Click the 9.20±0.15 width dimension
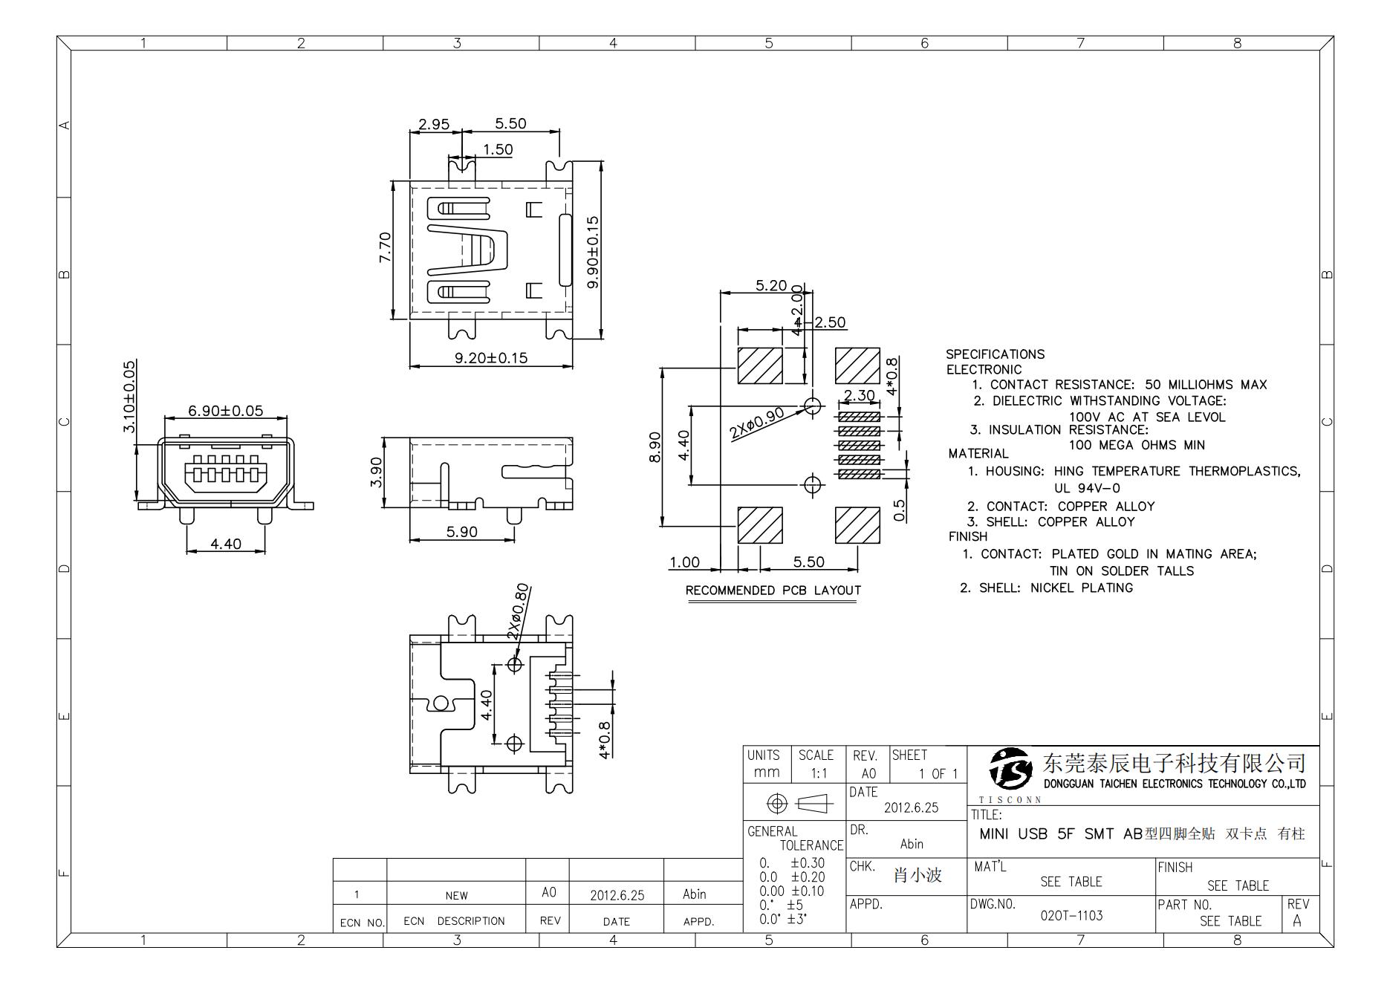pos(490,358)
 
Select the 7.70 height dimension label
pos(385,247)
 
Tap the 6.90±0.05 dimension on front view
pos(225,411)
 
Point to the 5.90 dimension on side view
pos(461,532)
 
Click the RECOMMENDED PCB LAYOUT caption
pos(773,591)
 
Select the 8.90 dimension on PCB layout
pos(655,447)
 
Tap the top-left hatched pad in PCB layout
pos(759,365)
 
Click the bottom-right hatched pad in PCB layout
pos(857,525)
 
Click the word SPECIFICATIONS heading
pos(995,354)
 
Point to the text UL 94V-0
pos(1087,489)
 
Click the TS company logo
pos(1010,769)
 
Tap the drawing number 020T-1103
pos(1071,916)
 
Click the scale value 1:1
pos(818,774)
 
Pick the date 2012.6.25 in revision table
pos(617,896)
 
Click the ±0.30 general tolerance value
pos(807,863)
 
